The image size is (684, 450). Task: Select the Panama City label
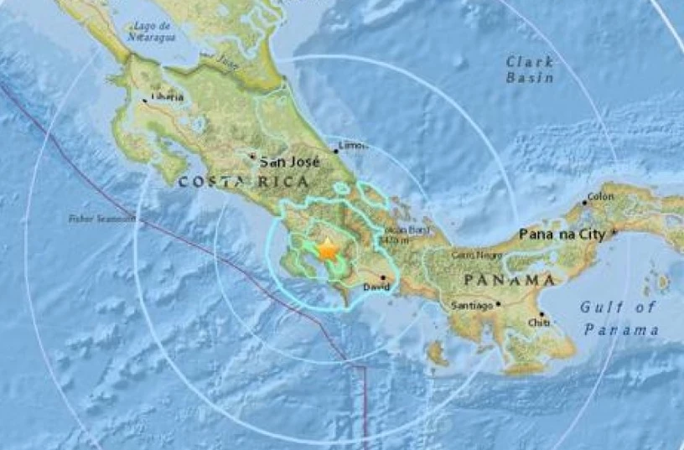coord(563,233)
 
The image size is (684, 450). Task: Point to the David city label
coord(377,287)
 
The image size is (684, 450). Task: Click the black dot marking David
coord(383,277)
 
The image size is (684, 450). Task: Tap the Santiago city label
coord(471,305)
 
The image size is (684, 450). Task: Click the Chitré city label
coord(539,322)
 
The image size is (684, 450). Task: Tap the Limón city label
coord(351,145)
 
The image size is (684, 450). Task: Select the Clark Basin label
coord(530,70)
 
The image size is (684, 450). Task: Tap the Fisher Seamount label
coord(101,219)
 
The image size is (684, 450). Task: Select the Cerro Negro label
coord(470,254)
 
